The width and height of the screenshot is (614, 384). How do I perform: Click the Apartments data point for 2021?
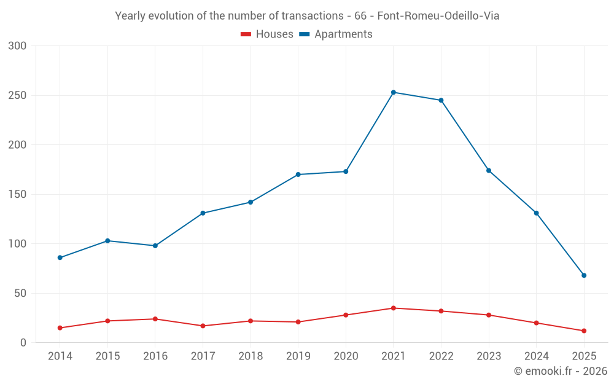point(394,92)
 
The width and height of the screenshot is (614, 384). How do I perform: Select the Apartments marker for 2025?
point(584,275)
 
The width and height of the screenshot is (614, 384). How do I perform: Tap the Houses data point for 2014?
point(60,328)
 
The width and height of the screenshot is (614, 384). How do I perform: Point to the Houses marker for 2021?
point(394,308)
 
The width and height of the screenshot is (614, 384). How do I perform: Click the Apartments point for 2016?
point(155,246)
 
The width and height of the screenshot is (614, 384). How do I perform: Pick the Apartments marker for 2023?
point(489,170)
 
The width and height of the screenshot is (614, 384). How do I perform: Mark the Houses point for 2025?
point(584,331)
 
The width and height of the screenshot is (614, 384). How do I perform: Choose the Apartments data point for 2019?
point(298,174)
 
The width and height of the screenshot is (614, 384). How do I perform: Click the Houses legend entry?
point(267,34)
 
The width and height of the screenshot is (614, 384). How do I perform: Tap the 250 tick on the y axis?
point(17,95)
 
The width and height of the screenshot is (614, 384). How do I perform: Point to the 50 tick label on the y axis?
point(20,293)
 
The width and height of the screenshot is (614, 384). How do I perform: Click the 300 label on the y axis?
point(17,46)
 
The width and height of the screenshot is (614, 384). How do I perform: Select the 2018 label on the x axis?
point(251,356)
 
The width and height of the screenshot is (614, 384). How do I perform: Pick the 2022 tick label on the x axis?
point(441,356)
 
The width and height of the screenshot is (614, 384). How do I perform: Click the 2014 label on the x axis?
point(60,356)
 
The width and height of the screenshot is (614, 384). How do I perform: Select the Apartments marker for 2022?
point(441,100)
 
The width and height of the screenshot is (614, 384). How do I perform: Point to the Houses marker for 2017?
point(203,326)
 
